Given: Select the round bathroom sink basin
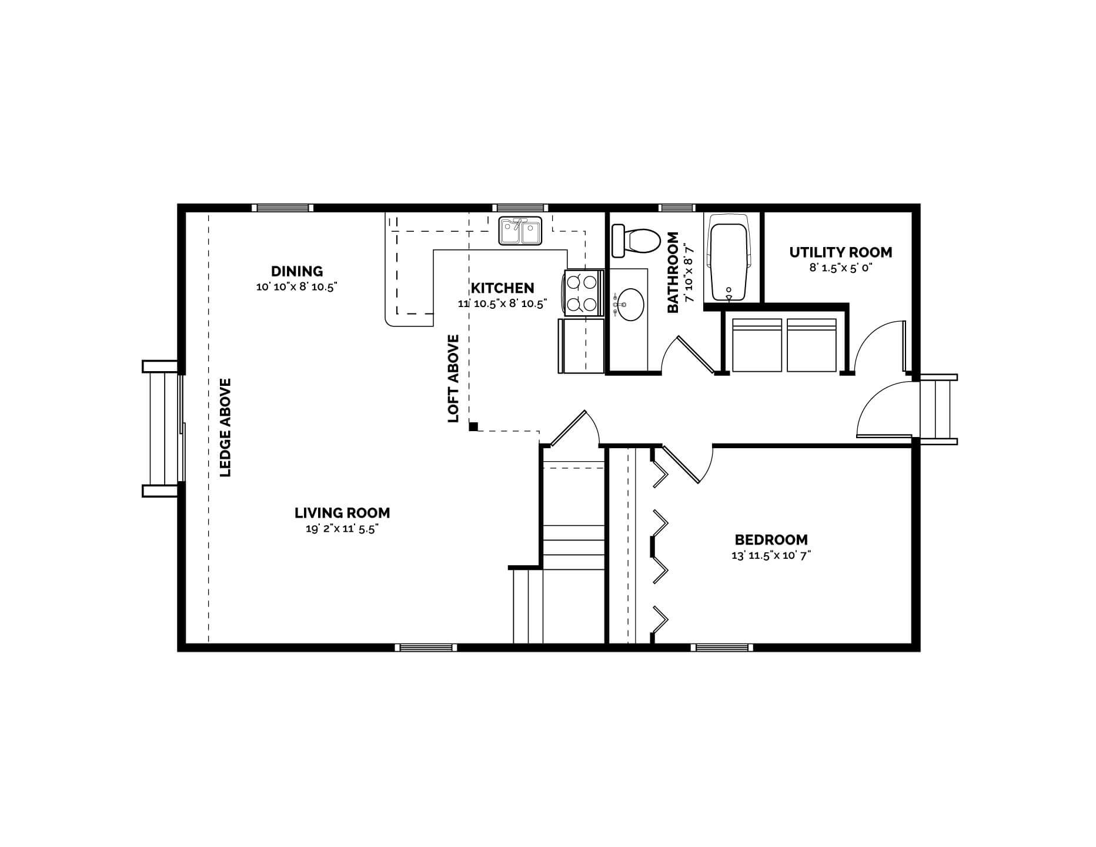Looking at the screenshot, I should pos(629,304).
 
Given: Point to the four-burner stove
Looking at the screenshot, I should pos(581,292).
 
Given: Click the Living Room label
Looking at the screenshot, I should pos(342,513).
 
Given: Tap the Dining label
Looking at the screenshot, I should pos(297,271).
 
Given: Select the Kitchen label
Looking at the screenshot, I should pos(503,288).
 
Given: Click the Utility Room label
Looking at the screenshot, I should pos(840,252).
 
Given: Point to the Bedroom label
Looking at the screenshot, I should pos(771,539).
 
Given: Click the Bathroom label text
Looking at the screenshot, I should pos(673,272).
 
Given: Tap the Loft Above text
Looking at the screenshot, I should pos(453,378).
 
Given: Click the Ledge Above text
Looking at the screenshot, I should pos(225,427).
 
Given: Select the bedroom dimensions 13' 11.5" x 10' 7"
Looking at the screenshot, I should pos(771,555).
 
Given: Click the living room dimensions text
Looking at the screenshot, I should pos(342,529).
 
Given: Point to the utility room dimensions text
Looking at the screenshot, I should pos(840,268).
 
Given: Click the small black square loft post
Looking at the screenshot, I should pos(473,426).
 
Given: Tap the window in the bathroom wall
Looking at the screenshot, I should pos(677,208).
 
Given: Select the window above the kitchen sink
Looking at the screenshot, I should pos(520,208).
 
